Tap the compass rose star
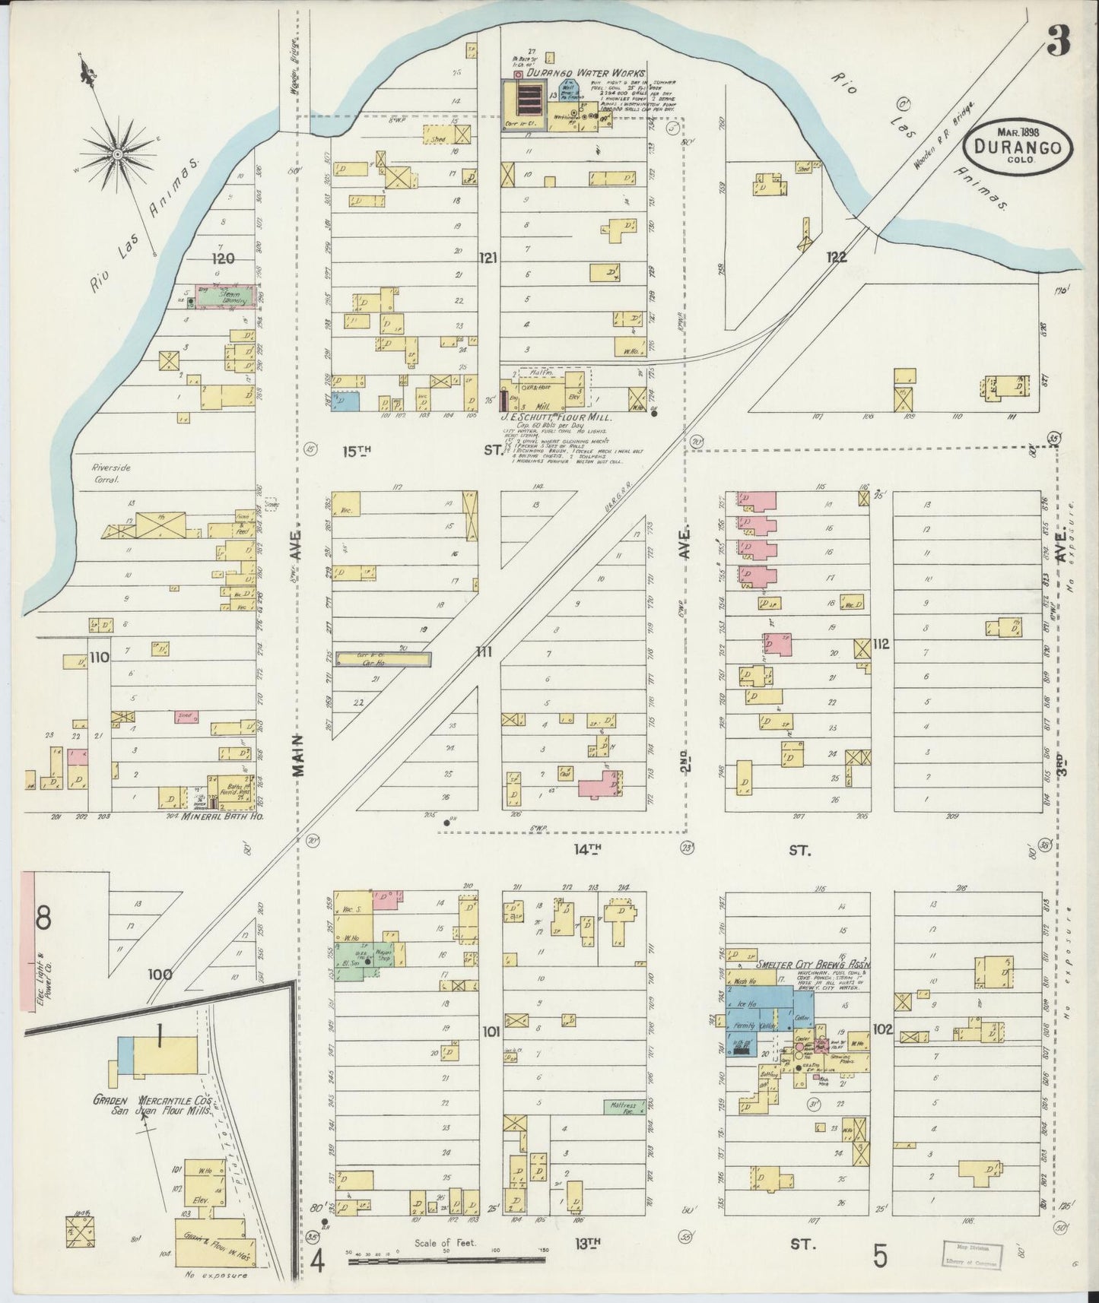(x=117, y=155)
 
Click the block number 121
(x=488, y=258)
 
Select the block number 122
(x=836, y=258)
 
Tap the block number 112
(x=881, y=643)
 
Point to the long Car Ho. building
(x=384, y=660)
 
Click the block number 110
(x=99, y=657)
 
